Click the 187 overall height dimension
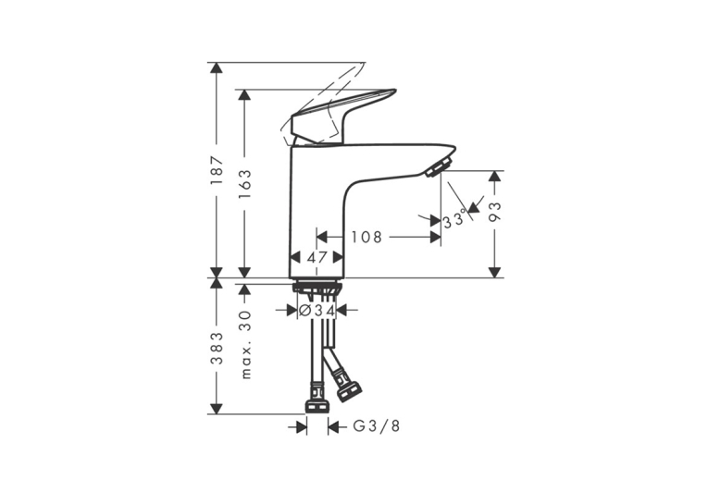pyautogui.click(x=217, y=169)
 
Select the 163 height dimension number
pyautogui.click(x=245, y=183)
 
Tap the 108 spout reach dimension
pyautogui.click(x=366, y=237)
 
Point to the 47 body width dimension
pyautogui.click(x=317, y=258)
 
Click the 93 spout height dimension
pyautogui.click(x=495, y=211)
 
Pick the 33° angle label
pyautogui.click(x=454, y=221)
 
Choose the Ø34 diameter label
pyautogui.click(x=317, y=311)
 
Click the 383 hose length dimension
pyautogui.click(x=217, y=348)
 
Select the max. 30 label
pyautogui.click(x=245, y=344)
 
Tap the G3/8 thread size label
pyautogui.click(x=376, y=426)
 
